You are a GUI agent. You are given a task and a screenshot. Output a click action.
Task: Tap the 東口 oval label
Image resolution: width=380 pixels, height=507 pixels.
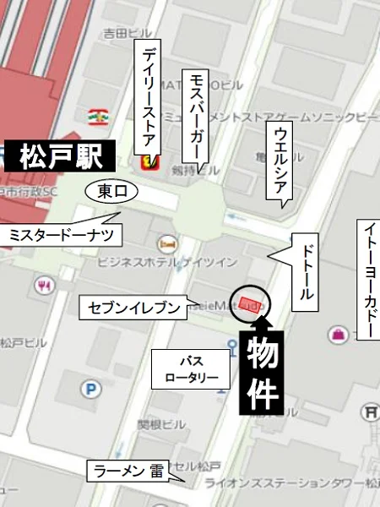coord(111,193)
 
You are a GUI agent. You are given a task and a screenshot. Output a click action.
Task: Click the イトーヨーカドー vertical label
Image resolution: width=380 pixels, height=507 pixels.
coord(371,279)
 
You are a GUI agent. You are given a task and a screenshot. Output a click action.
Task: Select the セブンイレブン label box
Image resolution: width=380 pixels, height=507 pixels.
coord(134,308)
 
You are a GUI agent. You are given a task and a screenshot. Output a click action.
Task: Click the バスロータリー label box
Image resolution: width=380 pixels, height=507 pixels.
coord(191,369)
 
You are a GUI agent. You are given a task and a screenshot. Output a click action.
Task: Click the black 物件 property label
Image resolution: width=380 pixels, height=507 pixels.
coord(262,369)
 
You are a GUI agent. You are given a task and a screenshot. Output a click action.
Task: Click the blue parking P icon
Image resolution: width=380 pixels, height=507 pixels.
coord(90,390)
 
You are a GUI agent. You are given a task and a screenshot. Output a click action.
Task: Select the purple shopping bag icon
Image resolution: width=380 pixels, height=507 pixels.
coord(339,335)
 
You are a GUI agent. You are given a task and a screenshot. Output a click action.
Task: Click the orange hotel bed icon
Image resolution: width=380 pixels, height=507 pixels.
coord(167,244)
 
